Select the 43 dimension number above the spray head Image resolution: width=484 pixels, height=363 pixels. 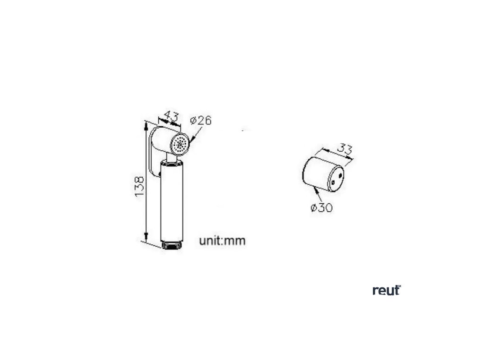[x=170, y=115]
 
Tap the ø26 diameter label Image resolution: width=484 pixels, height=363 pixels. [x=200, y=120]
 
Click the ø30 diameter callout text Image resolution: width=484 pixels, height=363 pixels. [x=322, y=207]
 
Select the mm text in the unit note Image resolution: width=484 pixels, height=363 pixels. [x=235, y=241]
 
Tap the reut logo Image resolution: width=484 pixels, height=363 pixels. [x=386, y=290]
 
